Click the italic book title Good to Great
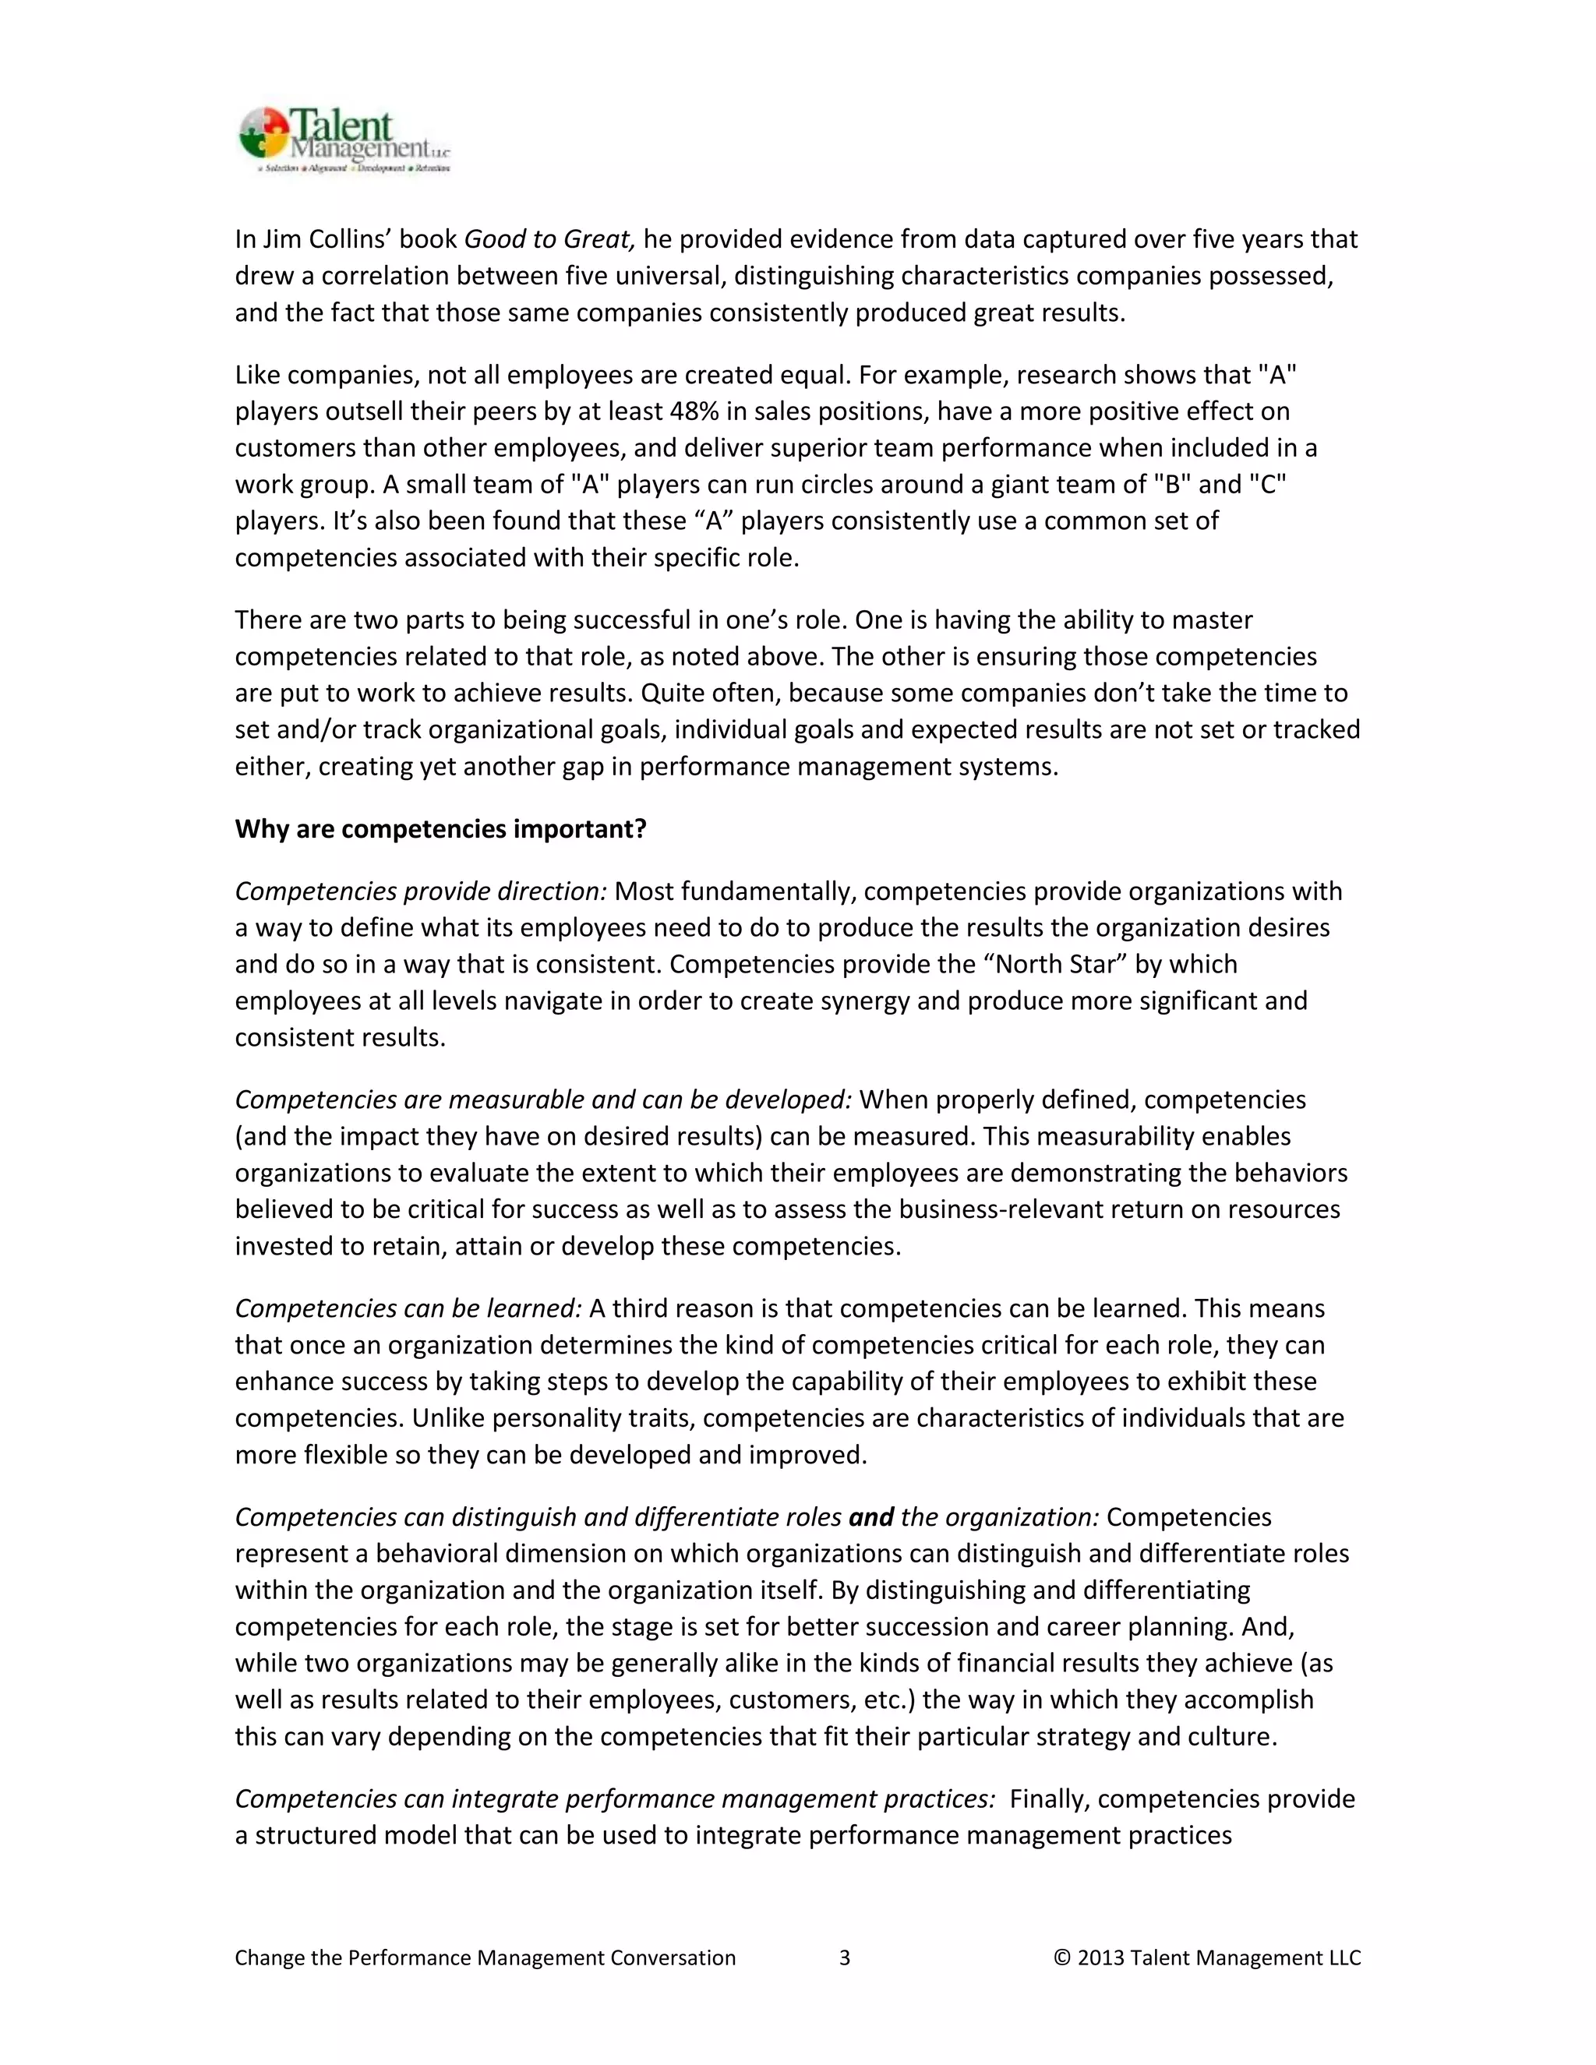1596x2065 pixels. pyautogui.click(x=549, y=239)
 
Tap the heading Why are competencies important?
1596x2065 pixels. pyautogui.click(x=440, y=829)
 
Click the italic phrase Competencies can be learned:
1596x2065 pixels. pyautogui.click(x=408, y=1308)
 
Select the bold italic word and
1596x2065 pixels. pyautogui.click(x=870, y=1517)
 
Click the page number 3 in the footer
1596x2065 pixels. pyautogui.click(x=844, y=1958)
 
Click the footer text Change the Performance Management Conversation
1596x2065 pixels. pyautogui.click(x=485, y=1958)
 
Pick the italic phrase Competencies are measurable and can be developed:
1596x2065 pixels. pyautogui.click(x=542, y=1100)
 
